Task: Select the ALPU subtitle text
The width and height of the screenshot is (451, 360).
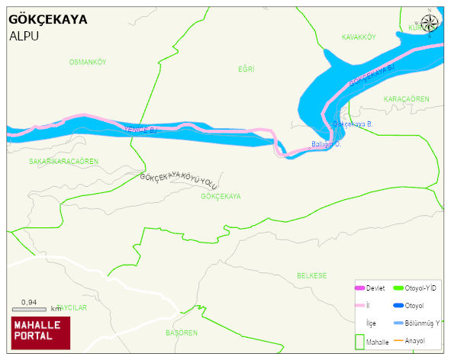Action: point(24,36)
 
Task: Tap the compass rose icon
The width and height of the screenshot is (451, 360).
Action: point(430,22)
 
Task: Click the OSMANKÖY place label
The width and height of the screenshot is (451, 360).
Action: point(87,62)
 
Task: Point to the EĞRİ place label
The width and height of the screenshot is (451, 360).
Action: point(246,69)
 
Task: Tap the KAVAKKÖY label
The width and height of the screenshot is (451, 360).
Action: point(359,37)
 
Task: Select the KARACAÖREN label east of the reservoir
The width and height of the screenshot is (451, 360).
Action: point(406,99)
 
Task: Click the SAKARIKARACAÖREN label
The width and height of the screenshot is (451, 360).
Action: point(63,162)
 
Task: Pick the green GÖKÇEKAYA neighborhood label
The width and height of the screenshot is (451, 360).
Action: point(221,196)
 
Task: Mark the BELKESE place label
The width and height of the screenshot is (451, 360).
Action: point(311,275)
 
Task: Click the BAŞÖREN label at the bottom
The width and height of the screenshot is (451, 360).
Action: point(182,333)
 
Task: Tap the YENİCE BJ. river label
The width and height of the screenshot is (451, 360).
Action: point(140,130)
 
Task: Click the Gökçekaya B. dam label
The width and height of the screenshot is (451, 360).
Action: point(353,124)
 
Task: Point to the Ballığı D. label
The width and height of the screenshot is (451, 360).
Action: point(327,144)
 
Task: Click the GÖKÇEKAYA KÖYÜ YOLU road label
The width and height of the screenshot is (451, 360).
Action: point(179,181)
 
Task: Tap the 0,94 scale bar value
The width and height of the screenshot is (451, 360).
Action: point(29,302)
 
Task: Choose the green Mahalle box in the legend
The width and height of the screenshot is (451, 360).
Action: point(359,341)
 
